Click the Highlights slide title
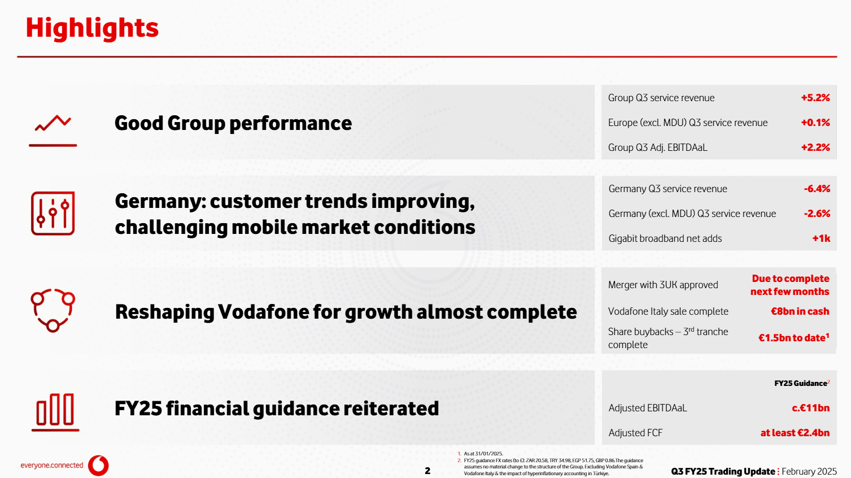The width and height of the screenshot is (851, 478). click(x=92, y=28)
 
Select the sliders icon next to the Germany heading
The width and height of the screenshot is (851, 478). click(x=53, y=214)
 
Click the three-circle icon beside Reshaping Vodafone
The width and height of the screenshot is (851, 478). click(x=53, y=310)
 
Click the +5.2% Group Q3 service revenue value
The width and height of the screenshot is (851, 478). click(x=815, y=98)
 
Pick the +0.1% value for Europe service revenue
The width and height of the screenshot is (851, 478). click(x=815, y=123)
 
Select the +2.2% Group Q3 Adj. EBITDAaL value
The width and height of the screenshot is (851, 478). click(x=815, y=147)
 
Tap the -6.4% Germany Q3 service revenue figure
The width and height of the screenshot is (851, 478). click(x=817, y=189)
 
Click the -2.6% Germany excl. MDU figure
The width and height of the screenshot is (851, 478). click(x=817, y=214)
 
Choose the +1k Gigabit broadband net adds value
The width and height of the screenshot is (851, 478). click(x=821, y=238)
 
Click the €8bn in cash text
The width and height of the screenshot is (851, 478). click(x=800, y=311)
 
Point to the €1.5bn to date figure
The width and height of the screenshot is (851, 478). click(x=793, y=338)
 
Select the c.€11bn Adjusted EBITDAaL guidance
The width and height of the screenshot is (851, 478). click(x=810, y=408)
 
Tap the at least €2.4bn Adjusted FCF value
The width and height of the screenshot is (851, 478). click(x=795, y=433)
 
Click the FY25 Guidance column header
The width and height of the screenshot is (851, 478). click(x=801, y=383)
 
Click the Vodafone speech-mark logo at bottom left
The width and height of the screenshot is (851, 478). click(x=99, y=466)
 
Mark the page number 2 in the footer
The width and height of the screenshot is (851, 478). click(x=427, y=471)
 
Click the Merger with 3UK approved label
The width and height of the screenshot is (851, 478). click(x=663, y=285)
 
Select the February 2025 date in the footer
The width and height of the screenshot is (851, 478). click(x=809, y=471)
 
